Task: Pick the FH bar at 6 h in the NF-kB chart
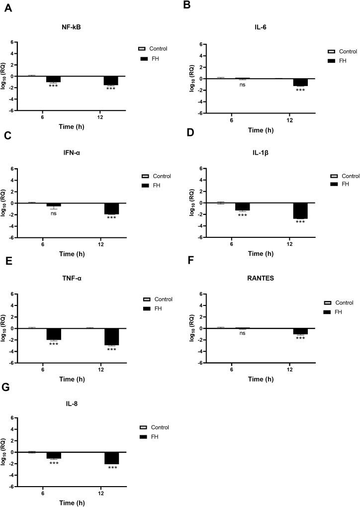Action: click(x=53, y=79)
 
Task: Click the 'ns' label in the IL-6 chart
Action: click(x=242, y=84)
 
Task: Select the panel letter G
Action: click(x=7, y=388)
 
